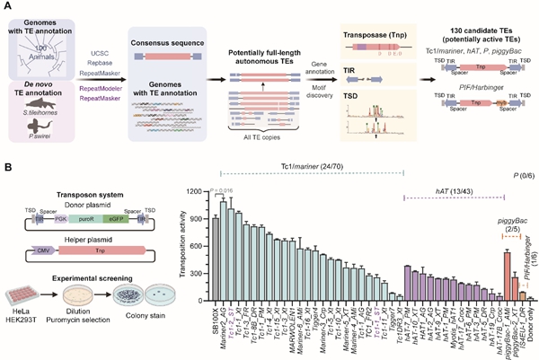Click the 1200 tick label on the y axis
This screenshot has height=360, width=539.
[x=197, y=191]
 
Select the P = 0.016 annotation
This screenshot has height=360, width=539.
[x=221, y=191]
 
